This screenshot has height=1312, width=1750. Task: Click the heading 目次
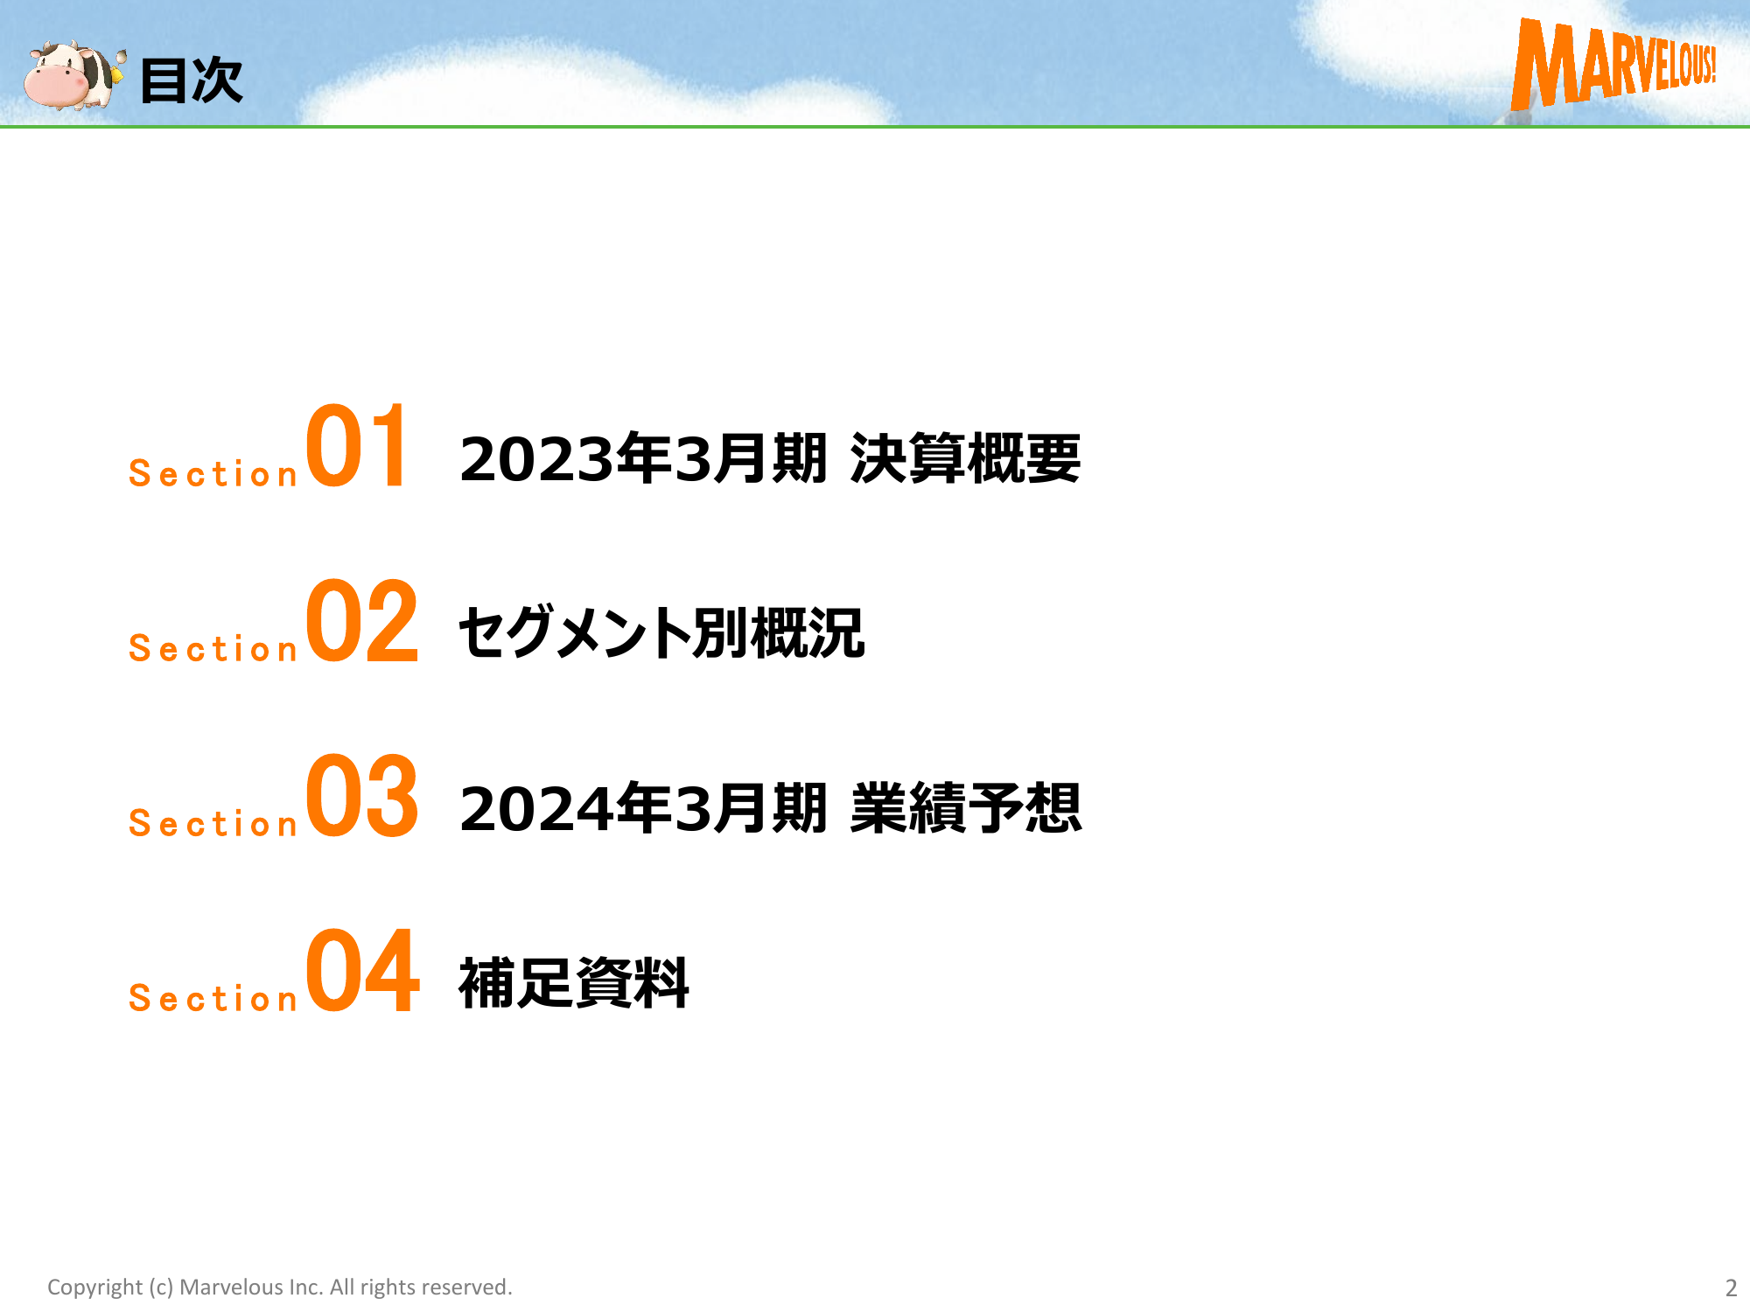tap(191, 80)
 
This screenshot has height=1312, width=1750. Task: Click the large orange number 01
tap(356, 445)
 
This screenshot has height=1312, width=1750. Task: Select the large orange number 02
tap(362, 620)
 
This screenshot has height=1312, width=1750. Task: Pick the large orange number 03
tap(362, 795)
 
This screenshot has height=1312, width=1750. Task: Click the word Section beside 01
tap(213, 473)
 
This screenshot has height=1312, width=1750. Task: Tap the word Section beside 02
tap(213, 648)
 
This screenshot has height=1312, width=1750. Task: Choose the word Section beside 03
tap(213, 823)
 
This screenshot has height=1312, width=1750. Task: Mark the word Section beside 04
tap(213, 998)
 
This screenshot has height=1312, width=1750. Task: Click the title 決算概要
tap(966, 458)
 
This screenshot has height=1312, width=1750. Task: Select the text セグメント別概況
tap(661, 632)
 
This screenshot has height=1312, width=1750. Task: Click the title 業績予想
tap(966, 808)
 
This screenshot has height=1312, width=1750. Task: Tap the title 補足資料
tap(574, 983)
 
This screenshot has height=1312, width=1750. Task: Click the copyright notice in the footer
tap(280, 1288)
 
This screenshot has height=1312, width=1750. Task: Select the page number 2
tap(1731, 1288)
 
